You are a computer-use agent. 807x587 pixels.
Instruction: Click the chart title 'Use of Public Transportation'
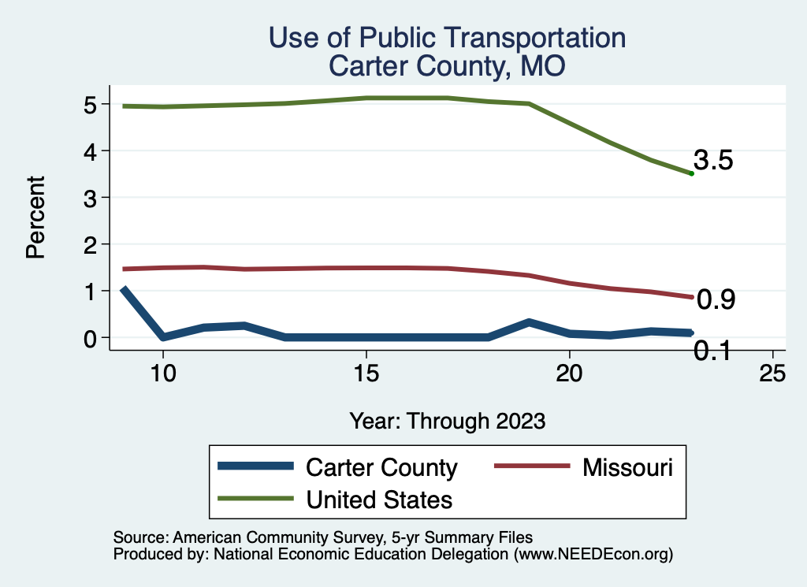447,38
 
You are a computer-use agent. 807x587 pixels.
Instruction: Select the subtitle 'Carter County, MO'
447,66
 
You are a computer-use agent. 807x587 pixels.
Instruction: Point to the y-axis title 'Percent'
34,228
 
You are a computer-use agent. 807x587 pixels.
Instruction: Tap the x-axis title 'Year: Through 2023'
447,421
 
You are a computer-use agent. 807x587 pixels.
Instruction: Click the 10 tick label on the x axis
163,373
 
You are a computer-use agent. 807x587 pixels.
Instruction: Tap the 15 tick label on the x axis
366,373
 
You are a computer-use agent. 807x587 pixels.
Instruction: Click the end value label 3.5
714,161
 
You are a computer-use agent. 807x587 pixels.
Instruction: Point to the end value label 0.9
716,299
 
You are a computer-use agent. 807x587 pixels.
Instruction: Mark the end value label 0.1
712,351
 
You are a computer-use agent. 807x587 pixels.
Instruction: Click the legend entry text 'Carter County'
381,467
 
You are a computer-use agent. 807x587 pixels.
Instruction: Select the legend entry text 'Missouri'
627,467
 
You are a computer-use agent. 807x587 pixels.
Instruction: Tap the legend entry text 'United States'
379,499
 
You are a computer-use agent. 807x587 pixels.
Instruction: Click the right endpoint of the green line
691,173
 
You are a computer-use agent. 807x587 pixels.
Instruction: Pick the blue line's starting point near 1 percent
123,290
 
